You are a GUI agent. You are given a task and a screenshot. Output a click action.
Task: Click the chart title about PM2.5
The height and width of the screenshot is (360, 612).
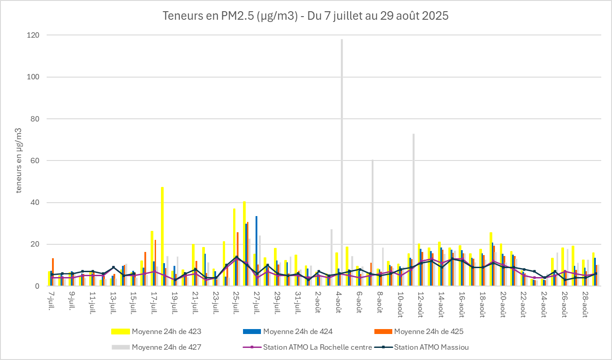(305, 16)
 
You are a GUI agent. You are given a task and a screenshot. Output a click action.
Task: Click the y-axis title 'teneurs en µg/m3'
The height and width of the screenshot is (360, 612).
(19, 160)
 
